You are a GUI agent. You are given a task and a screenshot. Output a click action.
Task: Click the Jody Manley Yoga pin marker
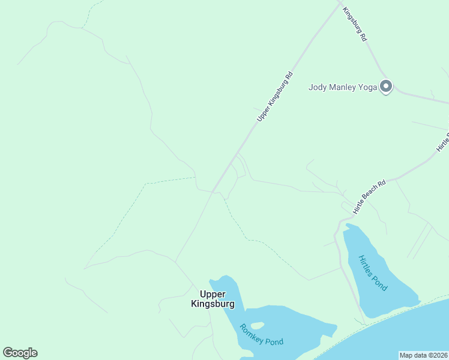[x=386, y=87]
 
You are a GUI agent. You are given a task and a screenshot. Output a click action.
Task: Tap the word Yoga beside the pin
[x=366, y=87]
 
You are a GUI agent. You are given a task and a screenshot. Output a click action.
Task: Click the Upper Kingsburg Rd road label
[x=275, y=97]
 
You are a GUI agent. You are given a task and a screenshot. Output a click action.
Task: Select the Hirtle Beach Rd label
[x=369, y=196]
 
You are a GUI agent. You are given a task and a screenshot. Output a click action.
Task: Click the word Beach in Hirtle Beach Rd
[x=369, y=196]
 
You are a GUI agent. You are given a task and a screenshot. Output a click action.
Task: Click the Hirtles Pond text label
[x=373, y=273]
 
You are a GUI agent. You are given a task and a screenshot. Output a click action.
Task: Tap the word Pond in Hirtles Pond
[x=381, y=283]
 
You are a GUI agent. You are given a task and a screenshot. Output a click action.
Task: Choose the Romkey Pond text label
[x=261, y=335]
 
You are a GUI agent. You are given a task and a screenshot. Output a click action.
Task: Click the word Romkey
[x=252, y=331]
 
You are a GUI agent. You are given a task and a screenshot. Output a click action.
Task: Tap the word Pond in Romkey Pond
[x=274, y=341]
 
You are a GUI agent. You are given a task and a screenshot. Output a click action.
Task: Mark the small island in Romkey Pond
[x=257, y=325]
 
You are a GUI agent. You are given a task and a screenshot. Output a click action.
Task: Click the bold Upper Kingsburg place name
[x=212, y=299]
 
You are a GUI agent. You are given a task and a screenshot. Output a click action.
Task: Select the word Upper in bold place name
[x=212, y=294]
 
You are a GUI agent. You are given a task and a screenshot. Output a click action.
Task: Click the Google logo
[x=20, y=353]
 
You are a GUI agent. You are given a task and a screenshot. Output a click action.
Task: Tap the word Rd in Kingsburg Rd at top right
[x=363, y=37]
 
